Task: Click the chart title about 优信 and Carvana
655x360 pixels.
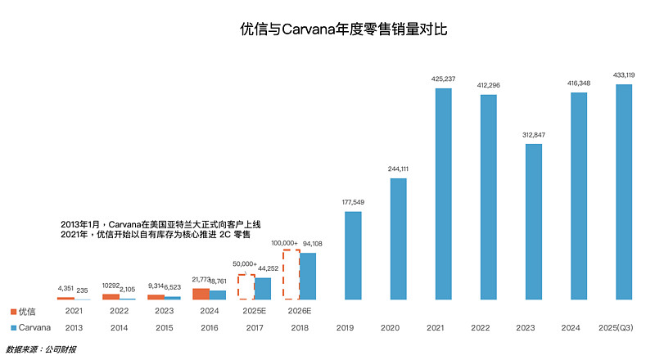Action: [x=344, y=29]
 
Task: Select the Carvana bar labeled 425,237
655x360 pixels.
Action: [x=443, y=194]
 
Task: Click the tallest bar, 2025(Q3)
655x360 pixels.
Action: [x=624, y=192]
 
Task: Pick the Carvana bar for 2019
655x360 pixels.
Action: [x=353, y=255]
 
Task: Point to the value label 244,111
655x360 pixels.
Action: [x=398, y=169]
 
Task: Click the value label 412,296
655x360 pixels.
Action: [x=488, y=85]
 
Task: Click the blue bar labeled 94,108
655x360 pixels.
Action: [x=308, y=277]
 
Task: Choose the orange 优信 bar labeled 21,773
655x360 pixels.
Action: [x=201, y=294]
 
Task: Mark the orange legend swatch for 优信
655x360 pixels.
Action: [x=14, y=312]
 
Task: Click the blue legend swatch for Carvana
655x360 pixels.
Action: [x=14, y=327]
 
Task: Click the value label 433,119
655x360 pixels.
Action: [x=624, y=75]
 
